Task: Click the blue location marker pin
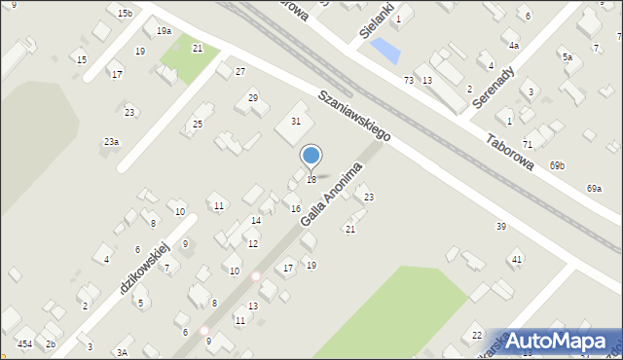point(311,156)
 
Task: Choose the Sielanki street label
point(375,18)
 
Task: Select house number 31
point(296,121)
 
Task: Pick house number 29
point(253,97)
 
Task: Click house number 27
point(240,72)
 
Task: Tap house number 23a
point(112,142)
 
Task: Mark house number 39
point(501,226)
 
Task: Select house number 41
point(517,259)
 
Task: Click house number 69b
point(557,165)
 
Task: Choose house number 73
point(409,80)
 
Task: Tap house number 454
point(24,344)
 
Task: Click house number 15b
point(125,13)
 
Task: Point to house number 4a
point(513,45)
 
